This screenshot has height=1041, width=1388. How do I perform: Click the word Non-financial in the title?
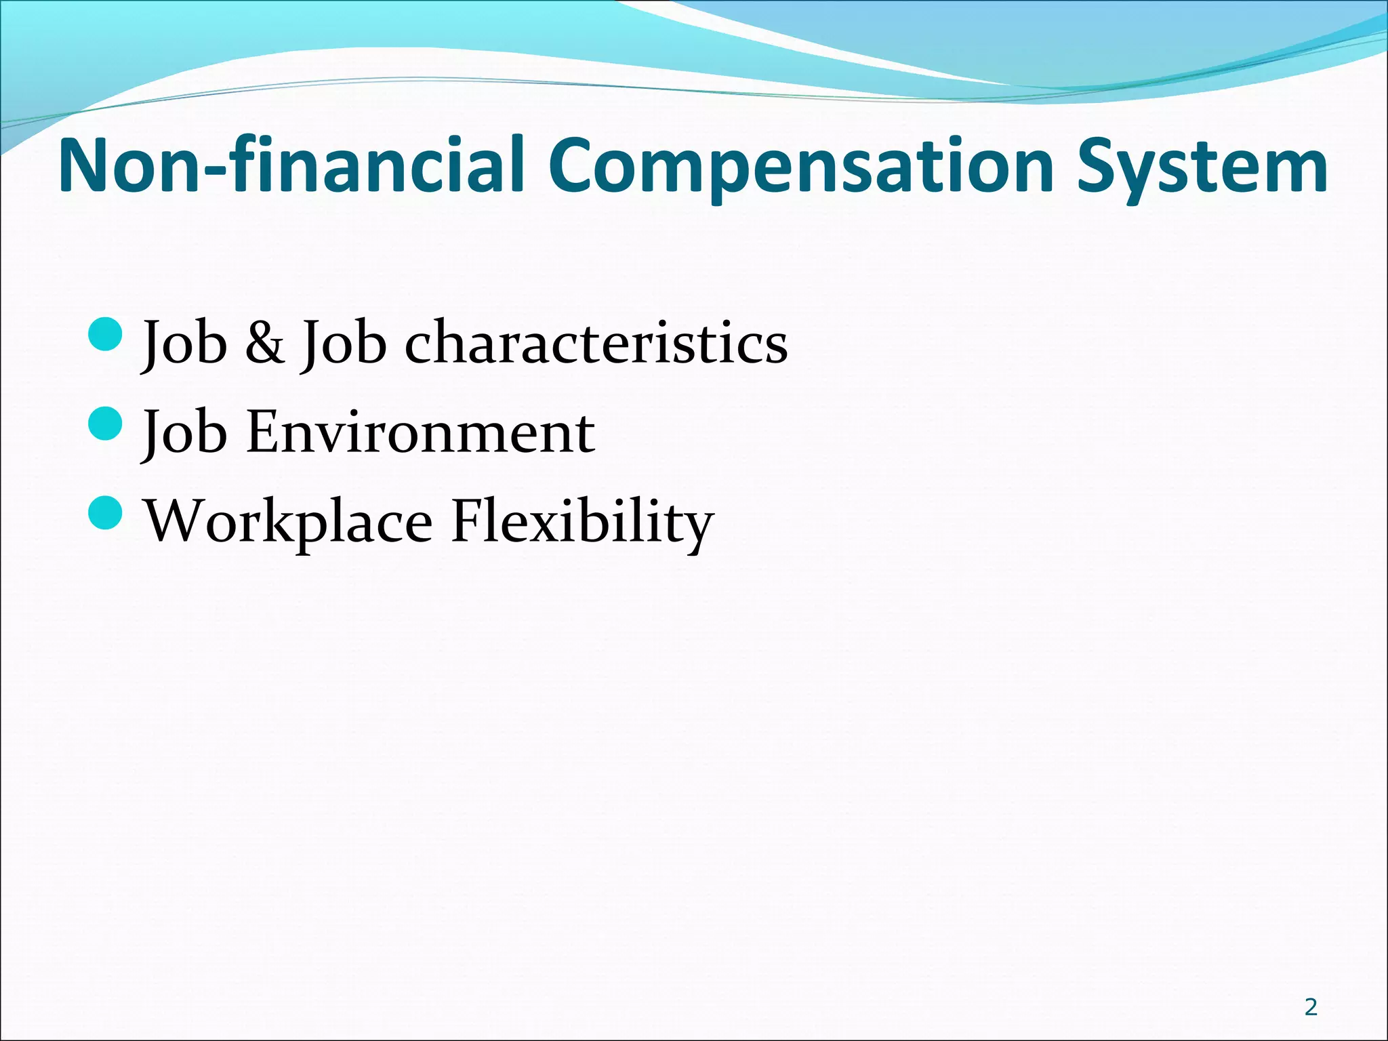point(291,166)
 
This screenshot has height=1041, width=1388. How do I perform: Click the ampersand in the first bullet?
point(264,343)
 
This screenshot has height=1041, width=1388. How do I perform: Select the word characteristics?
point(596,343)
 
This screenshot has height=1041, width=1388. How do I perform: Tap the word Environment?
point(420,432)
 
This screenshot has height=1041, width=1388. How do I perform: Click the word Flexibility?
point(582,523)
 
